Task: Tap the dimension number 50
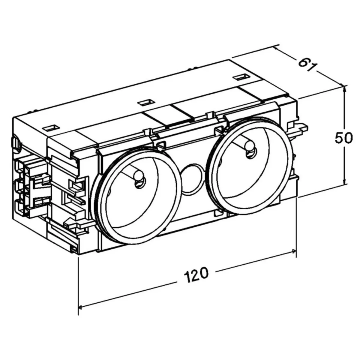click(x=343, y=138)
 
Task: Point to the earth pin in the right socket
click(x=249, y=148)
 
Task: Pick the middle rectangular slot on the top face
click(x=145, y=103)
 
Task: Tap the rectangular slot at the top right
click(x=241, y=77)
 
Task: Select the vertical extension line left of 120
click(x=78, y=285)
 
